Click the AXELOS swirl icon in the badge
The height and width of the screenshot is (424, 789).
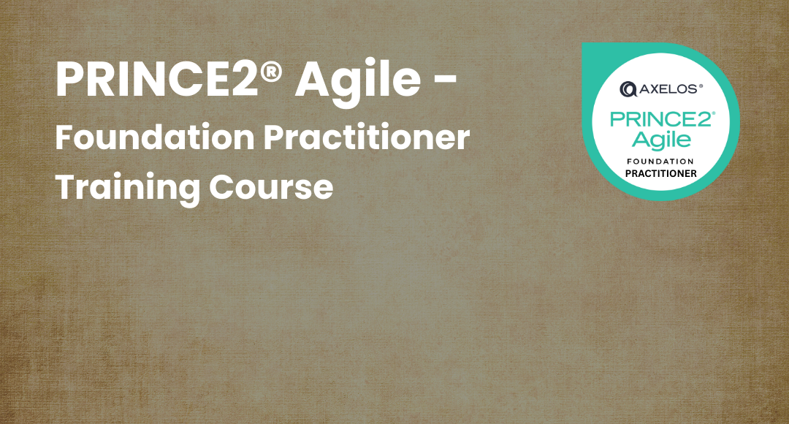[628, 89]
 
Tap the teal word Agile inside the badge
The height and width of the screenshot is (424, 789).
[660, 139]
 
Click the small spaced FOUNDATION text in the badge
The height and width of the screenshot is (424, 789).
[660, 160]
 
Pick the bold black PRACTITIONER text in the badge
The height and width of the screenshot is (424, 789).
[660, 173]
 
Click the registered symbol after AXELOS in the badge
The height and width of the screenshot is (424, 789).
[701, 86]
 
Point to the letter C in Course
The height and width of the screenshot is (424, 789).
[223, 187]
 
